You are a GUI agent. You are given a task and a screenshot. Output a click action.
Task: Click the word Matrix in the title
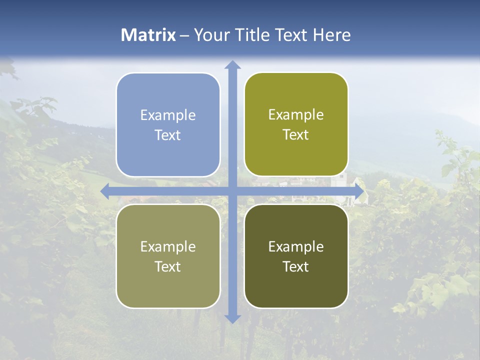(148, 35)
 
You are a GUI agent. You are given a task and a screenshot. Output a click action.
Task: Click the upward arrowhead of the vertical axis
(232, 65)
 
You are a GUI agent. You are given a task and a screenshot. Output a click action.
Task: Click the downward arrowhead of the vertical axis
(232, 318)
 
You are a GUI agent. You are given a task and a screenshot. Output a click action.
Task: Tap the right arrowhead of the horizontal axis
(359, 191)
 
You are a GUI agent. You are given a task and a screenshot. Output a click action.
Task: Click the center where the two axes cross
(232, 191)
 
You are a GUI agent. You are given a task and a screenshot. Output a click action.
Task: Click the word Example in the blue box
(168, 115)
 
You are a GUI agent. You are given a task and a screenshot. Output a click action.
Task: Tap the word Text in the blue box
(168, 135)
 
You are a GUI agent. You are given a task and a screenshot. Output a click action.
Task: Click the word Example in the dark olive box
(296, 246)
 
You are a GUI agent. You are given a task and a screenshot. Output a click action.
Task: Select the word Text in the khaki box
(168, 266)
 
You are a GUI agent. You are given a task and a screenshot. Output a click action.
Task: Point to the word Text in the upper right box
(296, 134)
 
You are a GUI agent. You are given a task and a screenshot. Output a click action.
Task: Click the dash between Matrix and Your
(184, 35)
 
